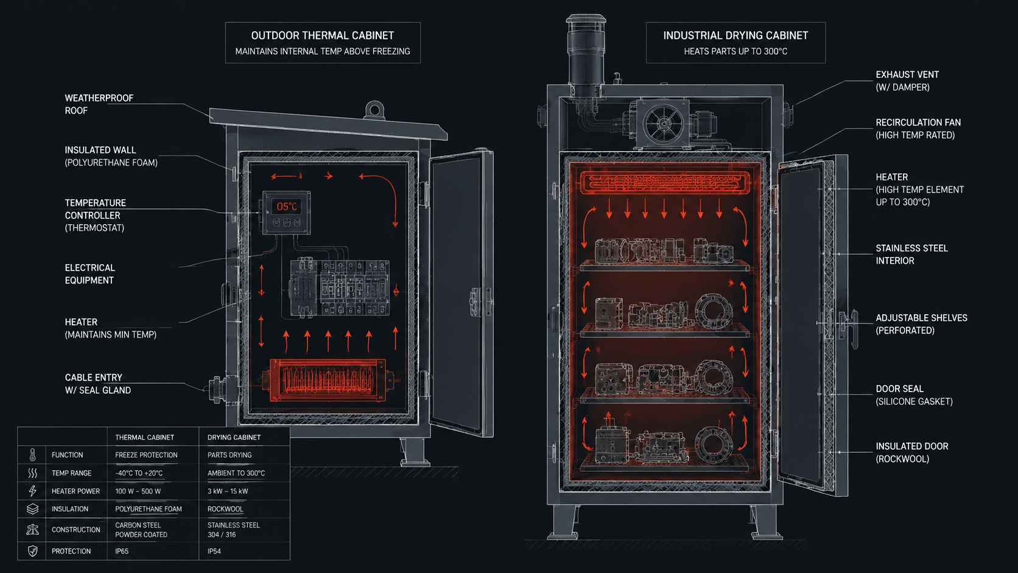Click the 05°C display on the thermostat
(287, 207)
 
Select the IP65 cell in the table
(122, 551)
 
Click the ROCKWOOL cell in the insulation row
(225, 509)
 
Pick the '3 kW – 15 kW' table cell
(228, 491)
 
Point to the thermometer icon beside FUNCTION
(32, 455)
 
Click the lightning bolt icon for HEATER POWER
(32, 491)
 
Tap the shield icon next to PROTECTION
(32, 551)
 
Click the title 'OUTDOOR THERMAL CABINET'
(323, 35)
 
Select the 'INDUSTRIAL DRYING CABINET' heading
(735, 35)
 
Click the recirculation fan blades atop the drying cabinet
(664, 124)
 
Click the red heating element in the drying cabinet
(665, 183)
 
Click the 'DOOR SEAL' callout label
(899, 389)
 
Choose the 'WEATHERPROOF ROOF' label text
(99, 105)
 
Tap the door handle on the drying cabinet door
(848, 324)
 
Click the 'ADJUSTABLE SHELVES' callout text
(922, 318)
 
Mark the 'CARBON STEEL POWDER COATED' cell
(141, 530)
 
